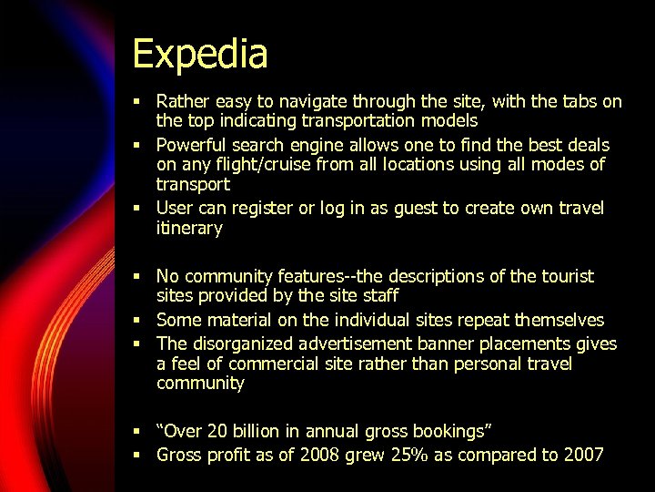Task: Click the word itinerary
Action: click(189, 228)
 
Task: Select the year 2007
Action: click(584, 454)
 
